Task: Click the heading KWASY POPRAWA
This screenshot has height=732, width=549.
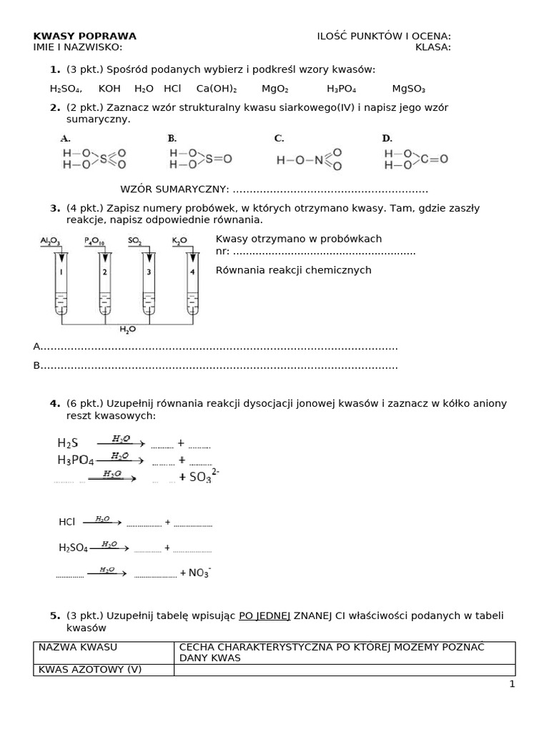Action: tap(85, 36)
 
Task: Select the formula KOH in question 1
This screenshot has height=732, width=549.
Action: tap(109, 89)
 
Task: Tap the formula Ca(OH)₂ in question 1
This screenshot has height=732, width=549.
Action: tap(217, 89)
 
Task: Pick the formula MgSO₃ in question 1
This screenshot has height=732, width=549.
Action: tap(409, 89)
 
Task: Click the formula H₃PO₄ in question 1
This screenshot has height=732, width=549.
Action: tap(342, 89)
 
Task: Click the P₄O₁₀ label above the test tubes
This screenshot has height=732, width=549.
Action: tap(94, 242)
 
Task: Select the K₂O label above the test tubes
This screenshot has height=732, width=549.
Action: tap(179, 242)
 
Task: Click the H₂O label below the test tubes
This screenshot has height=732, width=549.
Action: tap(127, 329)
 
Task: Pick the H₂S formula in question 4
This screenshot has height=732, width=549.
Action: tap(68, 443)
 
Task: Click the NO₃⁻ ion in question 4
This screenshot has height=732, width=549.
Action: tap(199, 572)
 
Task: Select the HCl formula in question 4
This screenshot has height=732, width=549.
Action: tap(67, 523)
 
